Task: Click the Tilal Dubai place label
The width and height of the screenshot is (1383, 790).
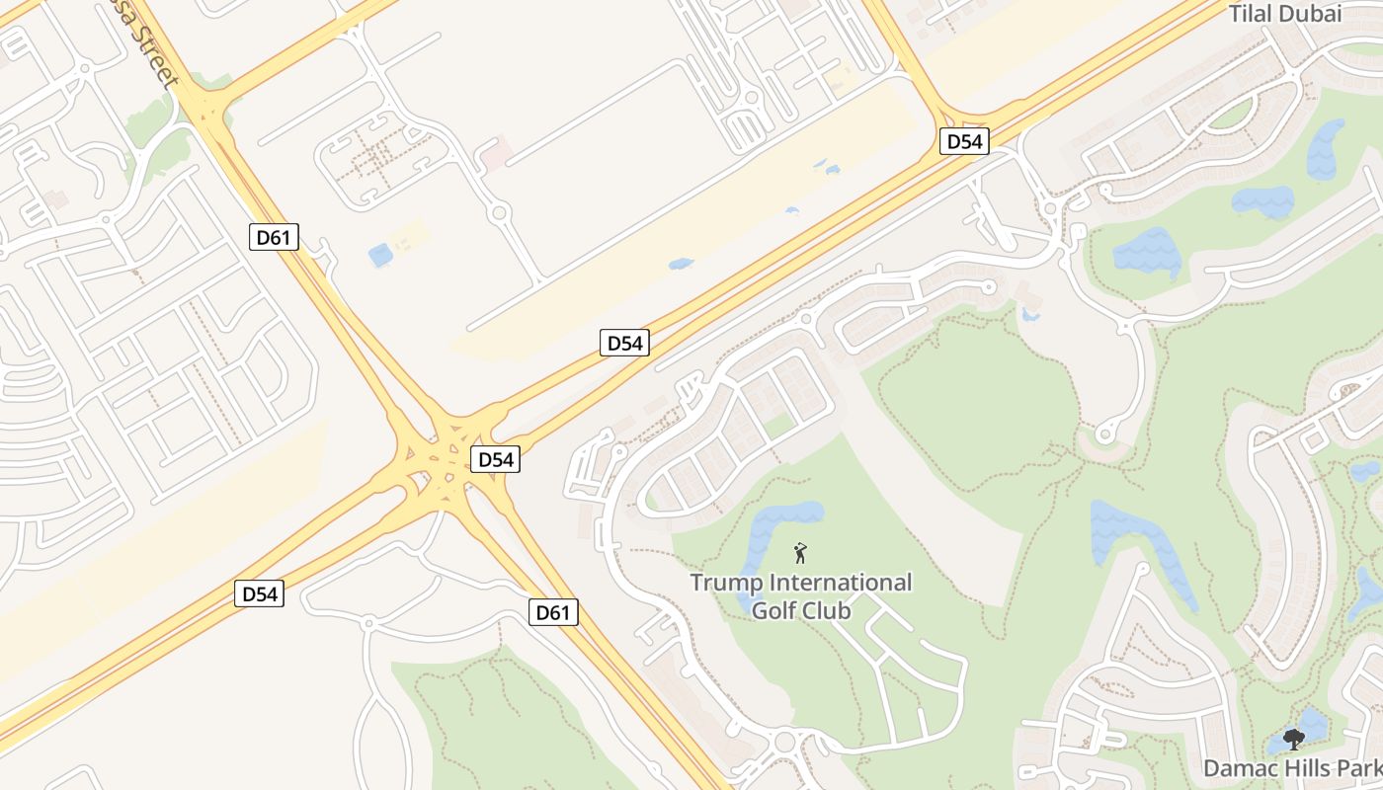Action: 1285,13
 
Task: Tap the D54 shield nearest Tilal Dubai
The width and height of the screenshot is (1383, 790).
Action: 963,141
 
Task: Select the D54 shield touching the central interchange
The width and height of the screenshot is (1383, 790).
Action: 495,459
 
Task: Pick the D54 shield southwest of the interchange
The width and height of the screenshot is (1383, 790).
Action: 260,593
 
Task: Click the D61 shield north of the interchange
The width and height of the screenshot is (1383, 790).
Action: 274,236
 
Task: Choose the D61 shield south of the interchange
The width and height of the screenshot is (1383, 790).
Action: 552,612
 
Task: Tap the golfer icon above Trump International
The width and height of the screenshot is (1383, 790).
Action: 800,553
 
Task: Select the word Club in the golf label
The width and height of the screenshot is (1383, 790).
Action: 828,610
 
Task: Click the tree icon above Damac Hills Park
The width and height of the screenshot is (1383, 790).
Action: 1293,739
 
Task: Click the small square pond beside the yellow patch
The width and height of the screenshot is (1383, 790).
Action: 380,255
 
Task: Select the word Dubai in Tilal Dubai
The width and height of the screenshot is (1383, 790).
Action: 1313,13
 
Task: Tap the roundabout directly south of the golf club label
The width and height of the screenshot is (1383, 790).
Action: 786,741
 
